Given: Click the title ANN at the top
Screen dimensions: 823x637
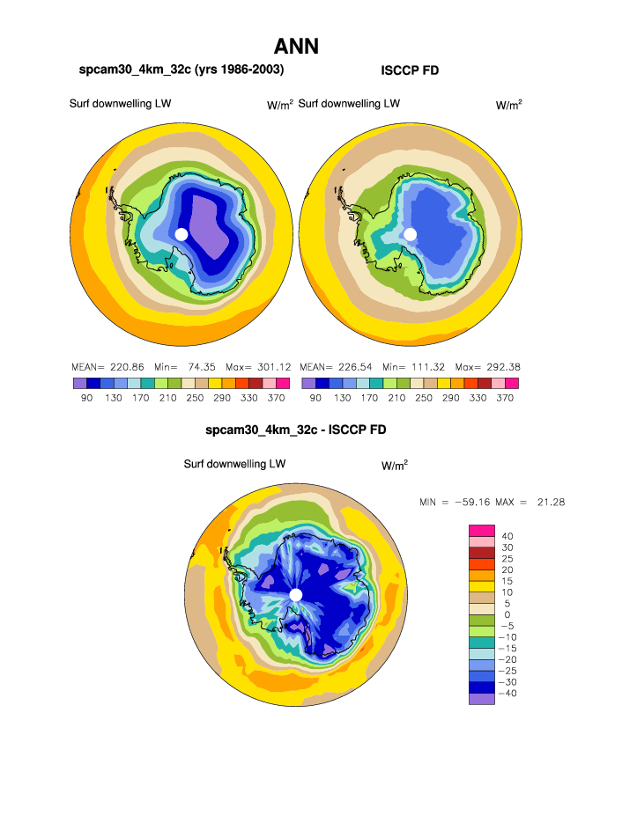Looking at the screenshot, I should tap(296, 46).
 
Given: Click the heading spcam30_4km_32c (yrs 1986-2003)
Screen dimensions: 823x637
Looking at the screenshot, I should tap(182, 70).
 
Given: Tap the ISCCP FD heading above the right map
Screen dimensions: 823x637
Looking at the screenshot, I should tap(410, 70).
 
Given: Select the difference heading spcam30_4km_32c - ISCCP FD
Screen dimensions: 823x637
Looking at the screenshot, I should tap(295, 430).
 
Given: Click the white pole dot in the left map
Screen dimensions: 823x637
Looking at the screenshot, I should tap(181, 233).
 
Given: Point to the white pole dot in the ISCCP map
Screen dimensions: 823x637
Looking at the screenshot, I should tap(410, 233).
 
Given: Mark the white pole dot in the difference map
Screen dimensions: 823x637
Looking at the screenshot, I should tap(296, 595).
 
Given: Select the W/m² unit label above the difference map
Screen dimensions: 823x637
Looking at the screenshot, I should tap(394, 465).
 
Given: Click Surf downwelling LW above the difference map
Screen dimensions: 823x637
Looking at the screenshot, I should tap(234, 464).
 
